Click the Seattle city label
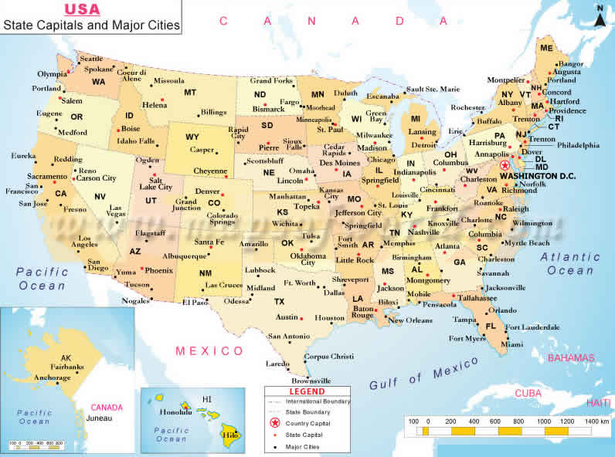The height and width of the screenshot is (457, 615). pyautogui.click(x=91, y=59)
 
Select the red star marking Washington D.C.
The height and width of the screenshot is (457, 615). pyautogui.click(x=505, y=165)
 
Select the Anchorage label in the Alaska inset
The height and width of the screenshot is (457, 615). pyautogui.click(x=53, y=378)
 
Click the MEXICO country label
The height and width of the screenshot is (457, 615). pyautogui.click(x=209, y=351)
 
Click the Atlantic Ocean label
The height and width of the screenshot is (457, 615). pyautogui.click(x=570, y=263)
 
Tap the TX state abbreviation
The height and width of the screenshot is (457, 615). pyautogui.click(x=279, y=301)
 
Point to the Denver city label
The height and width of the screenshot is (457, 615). pyautogui.click(x=207, y=191)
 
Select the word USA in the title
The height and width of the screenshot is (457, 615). pyautogui.click(x=81, y=9)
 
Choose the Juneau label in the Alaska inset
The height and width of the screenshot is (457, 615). pyautogui.click(x=99, y=418)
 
